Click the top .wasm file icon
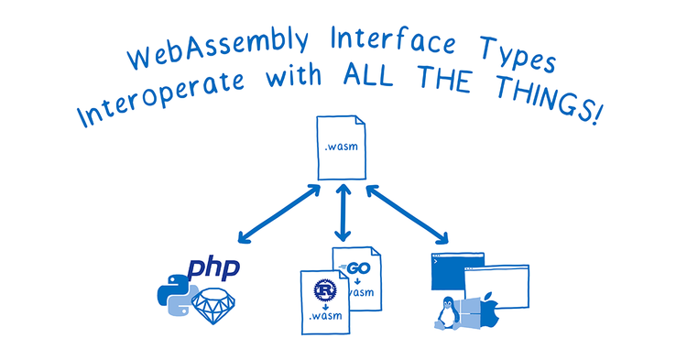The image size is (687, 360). pyautogui.click(x=342, y=146)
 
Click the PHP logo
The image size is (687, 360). pyautogui.click(x=213, y=268)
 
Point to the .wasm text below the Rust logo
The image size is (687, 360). pyautogui.click(x=326, y=317)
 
